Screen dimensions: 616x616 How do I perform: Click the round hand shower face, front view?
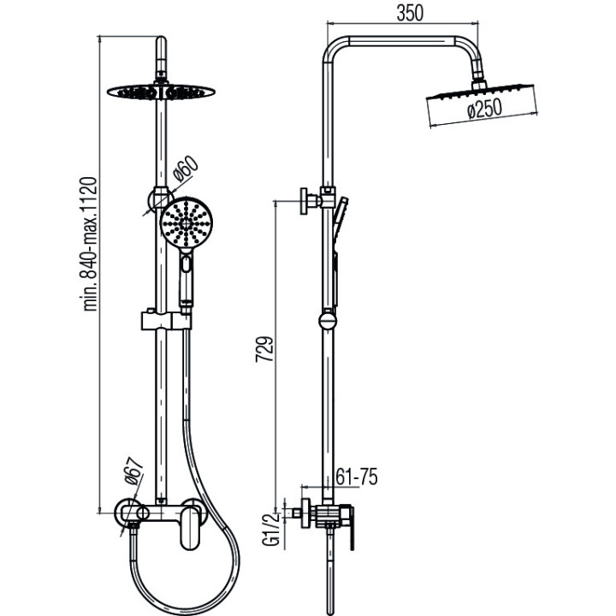pyautogui.click(x=184, y=224)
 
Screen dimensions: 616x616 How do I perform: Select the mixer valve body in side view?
pyautogui.click(x=329, y=516)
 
